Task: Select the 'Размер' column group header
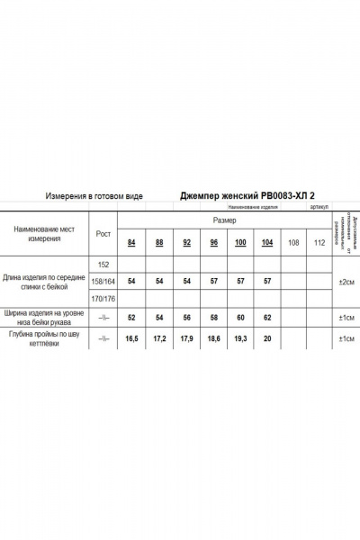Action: pos(225,220)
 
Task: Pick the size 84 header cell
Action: pos(132,244)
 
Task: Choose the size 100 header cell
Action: pos(240,244)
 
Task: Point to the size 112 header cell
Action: pos(319,244)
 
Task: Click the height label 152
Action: pos(103,264)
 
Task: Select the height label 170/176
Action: pos(103,297)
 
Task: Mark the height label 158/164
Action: pos(103,281)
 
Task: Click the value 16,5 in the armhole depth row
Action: pos(132,339)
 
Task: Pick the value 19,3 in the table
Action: pos(240,339)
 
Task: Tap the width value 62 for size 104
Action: pos(267,318)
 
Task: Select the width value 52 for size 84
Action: pos(132,318)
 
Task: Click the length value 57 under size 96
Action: pos(213,281)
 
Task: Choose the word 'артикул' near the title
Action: pos(319,206)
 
